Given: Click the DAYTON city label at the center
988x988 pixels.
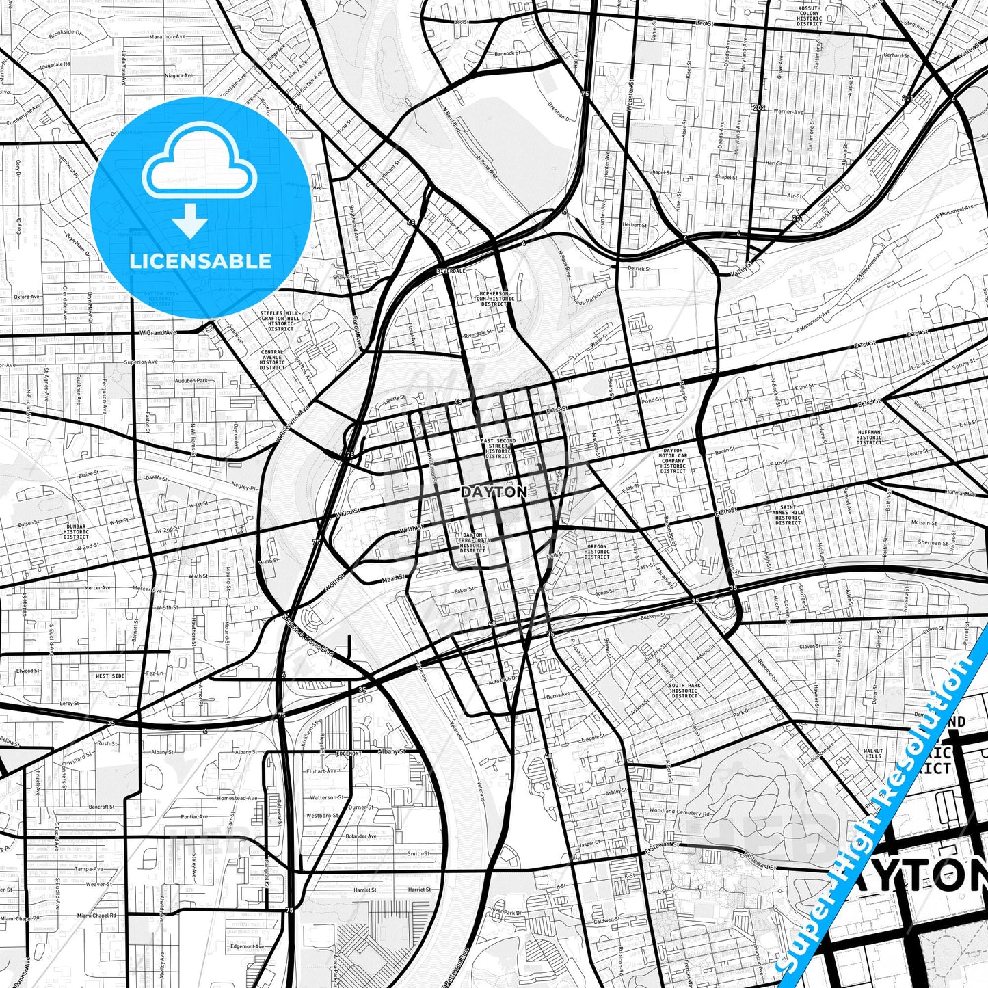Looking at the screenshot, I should (x=494, y=492).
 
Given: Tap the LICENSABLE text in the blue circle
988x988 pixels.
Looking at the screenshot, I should (x=201, y=261).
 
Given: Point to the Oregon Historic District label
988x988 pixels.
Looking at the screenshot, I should (x=597, y=551).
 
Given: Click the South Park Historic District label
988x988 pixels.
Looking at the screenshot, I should (x=684, y=691).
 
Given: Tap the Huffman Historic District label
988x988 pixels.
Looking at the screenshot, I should (x=869, y=438).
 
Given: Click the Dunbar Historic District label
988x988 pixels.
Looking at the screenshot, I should (x=76, y=531).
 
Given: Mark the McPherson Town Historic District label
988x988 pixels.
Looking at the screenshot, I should (x=497, y=298).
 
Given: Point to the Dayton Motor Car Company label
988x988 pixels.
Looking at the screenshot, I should (x=673, y=461).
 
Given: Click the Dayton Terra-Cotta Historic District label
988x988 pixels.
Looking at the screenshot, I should (x=472, y=543).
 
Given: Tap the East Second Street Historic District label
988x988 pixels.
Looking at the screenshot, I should (x=498, y=448).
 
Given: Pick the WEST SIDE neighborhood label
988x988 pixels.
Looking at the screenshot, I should (x=110, y=676).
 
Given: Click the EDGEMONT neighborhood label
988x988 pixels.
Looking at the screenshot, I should (x=349, y=753).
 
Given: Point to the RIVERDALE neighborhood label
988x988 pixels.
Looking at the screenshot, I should (x=451, y=271).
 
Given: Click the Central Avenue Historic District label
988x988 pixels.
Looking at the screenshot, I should (x=272, y=360).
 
